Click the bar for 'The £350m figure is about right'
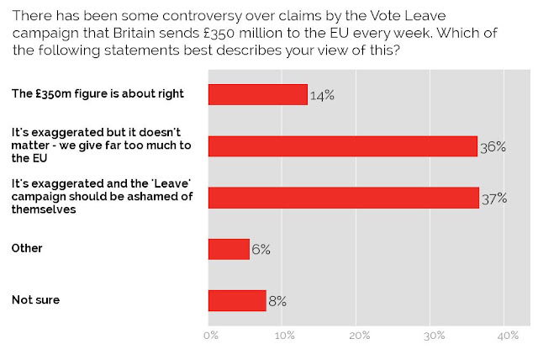pyautogui.click(x=258, y=94)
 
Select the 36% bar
pyautogui.click(x=343, y=146)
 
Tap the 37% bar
pyautogui.click(x=344, y=198)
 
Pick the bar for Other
pyautogui.click(x=229, y=249)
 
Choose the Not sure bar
pyautogui.click(x=237, y=300)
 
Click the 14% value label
pyautogui.click(x=322, y=95)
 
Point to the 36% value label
pyautogui.click(x=493, y=147)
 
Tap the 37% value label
pyautogui.click(x=494, y=199)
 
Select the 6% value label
pyautogui.click(x=261, y=250)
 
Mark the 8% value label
pyautogui.click(x=277, y=301)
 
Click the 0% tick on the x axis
pyautogui.click(x=211, y=336)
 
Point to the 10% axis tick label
pyautogui.click(x=285, y=336)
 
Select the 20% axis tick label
pyautogui.click(x=360, y=336)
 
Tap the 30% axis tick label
pyautogui.click(x=434, y=336)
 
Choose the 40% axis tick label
pyautogui.click(x=508, y=336)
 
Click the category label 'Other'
pyautogui.click(x=27, y=248)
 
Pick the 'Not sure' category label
pyautogui.click(x=35, y=299)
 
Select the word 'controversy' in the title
pyautogui.click(x=203, y=16)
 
